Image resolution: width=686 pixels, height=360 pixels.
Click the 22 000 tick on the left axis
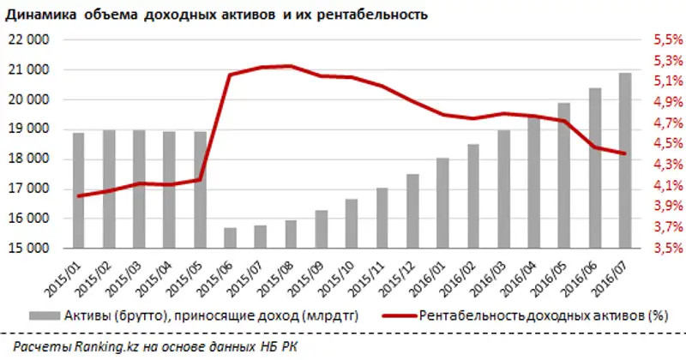point(30,40)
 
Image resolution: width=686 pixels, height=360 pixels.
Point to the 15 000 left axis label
point(30,249)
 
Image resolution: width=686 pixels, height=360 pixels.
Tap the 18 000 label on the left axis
point(30,159)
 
